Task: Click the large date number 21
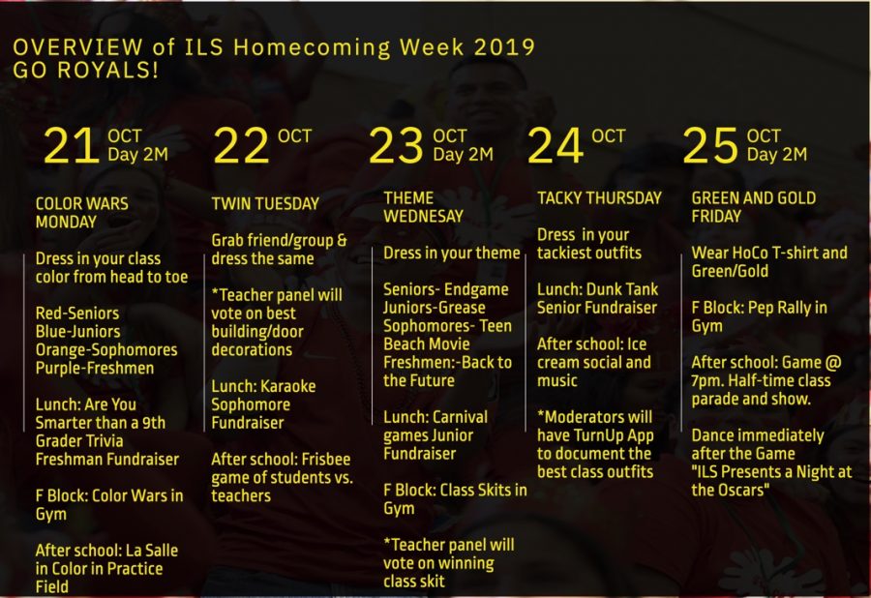(x=72, y=145)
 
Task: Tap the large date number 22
(x=241, y=145)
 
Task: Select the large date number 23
(x=396, y=145)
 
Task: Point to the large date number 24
(x=556, y=145)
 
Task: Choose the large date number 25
(x=710, y=145)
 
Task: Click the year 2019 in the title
(x=504, y=47)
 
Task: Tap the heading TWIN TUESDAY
(x=265, y=204)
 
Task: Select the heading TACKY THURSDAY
(x=599, y=198)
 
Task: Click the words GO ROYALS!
(x=85, y=71)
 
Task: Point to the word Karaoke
(x=288, y=386)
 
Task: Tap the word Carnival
(x=459, y=417)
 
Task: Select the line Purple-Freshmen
(x=95, y=368)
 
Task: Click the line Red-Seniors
(x=77, y=314)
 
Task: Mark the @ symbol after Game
(x=834, y=363)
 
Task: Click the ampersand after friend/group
(x=342, y=240)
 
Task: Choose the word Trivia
(x=104, y=441)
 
